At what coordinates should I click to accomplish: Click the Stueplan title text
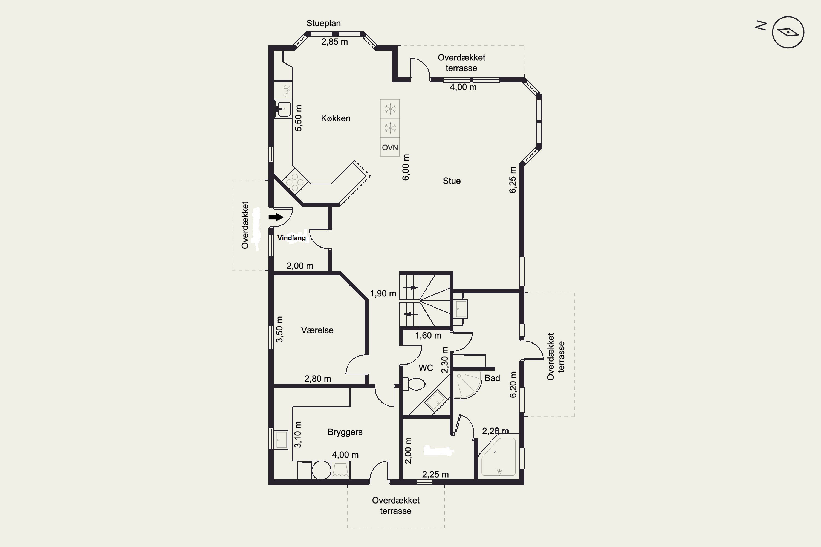pos(323,23)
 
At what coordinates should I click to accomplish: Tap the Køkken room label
pos(336,118)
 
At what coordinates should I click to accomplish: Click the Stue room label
pos(452,181)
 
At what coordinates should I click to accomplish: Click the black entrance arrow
pos(276,217)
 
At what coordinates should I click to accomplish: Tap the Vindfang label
pos(291,238)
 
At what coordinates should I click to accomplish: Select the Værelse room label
pos(317,330)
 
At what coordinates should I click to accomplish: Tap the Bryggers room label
pos(345,432)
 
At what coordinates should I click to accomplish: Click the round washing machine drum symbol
pos(321,470)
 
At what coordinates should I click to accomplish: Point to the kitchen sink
pos(283,109)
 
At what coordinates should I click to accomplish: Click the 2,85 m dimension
pos(334,42)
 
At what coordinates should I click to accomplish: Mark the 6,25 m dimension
pos(512,180)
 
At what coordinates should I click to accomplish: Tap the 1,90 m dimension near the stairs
pos(383,294)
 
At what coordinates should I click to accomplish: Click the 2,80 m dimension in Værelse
pos(318,379)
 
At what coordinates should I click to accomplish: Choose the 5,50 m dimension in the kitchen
pos(299,118)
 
